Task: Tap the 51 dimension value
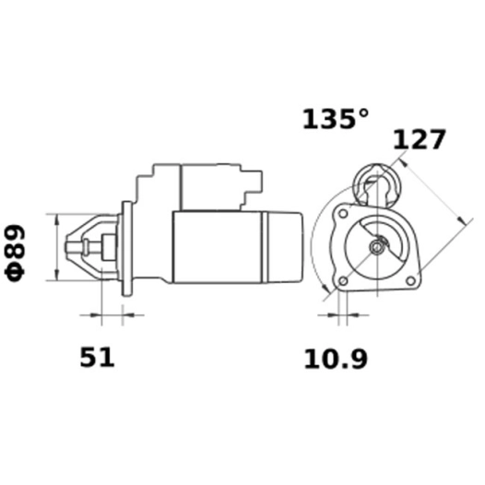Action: click(x=97, y=358)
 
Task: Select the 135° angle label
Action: click(x=336, y=120)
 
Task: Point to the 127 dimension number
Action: click(x=420, y=139)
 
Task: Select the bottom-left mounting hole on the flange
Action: click(x=344, y=280)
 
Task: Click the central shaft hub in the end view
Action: click(x=378, y=247)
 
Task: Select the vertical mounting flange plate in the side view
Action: click(x=127, y=247)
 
